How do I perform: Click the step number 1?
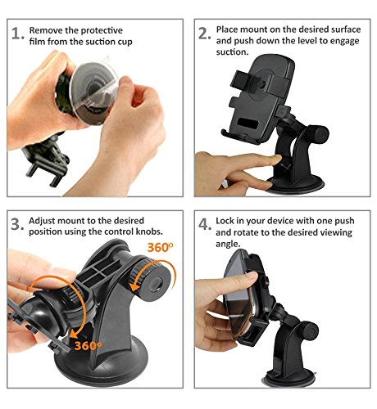17,34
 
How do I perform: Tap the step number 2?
204,34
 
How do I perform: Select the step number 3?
17,224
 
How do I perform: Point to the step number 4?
205,224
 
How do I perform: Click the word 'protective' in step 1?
102,30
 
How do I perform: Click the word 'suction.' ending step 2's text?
232,52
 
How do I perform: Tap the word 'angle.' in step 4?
228,244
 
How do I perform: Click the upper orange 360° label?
160,247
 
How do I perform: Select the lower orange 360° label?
88,346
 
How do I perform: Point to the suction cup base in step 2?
295,185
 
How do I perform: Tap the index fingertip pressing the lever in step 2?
277,159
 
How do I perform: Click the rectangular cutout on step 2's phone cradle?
248,124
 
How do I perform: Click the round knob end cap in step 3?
158,284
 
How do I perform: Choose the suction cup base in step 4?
289,379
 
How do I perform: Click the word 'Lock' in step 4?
225,221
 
